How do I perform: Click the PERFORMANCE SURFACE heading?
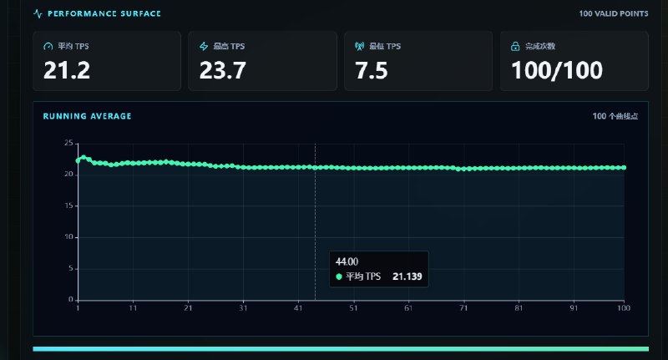pyautogui.click(x=104, y=13)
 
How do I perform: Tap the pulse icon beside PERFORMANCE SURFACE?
pyautogui.click(x=38, y=13)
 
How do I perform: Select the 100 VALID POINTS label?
pyautogui.click(x=614, y=13)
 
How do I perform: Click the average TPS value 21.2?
pyautogui.click(x=67, y=70)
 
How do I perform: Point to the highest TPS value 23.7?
pyautogui.click(x=222, y=70)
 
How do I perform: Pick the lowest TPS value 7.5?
pyautogui.click(x=372, y=70)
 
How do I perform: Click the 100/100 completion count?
pyautogui.click(x=557, y=70)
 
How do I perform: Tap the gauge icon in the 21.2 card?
pyautogui.click(x=48, y=46)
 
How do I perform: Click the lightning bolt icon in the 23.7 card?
pyautogui.click(x=204, y=46)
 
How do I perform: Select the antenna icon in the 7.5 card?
pyautogui.click(x=360, y=46)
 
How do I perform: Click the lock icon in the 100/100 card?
pyautogui.click(x=515, y=46)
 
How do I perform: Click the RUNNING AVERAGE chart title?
pyautogui.click(x=88, y=116)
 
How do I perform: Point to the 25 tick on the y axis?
pyautogui.click(x=68, y=143)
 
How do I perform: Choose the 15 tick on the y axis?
pyautogui.click(x=68, y=205)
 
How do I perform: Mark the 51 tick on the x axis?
pyautogui.click(x=353, y=308)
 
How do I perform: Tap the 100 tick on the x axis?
pyautogui.click(x=624, y=308)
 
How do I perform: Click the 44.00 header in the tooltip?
pyautogui.click(x=347, y=261)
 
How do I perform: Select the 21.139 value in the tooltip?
pyautogui.click(x=407, y=276)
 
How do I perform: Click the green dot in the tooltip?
pyautogui.click(x=339, y=276)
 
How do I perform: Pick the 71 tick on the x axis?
pyautogui.click(x=463, y=308)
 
